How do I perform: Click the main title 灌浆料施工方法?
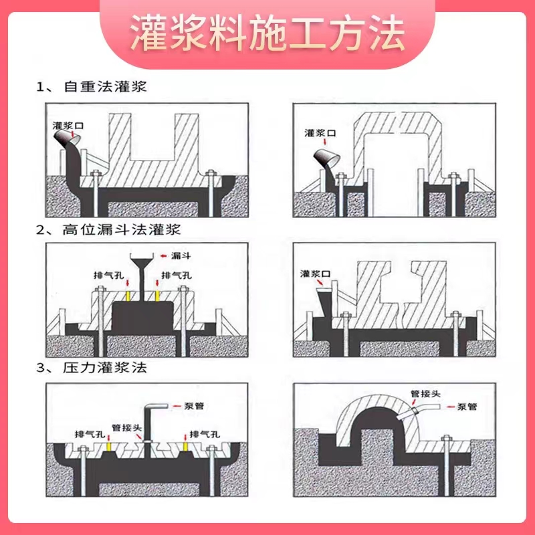point(267,33)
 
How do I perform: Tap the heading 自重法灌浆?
point(106,87)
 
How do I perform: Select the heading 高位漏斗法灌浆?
point(122,229)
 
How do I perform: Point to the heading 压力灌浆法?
point(105,367)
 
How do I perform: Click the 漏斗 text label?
point(181,255)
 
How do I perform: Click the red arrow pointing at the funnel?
point(164,256)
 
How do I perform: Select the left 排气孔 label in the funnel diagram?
point(109,275)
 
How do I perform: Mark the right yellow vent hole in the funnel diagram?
point(157,296)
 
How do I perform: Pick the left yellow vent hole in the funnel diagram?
point(128,296)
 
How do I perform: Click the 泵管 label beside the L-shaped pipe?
point(194,406)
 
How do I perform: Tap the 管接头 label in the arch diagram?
point(425,393)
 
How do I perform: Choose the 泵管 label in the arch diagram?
point(467,407)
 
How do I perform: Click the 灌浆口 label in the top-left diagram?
point(68,126)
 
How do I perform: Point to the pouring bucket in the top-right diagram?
point(326,158)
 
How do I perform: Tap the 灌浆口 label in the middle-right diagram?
point(316,274)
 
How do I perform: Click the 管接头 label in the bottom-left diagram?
point(126,427)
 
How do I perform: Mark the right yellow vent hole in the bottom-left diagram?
point(185,447)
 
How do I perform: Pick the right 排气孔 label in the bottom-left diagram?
point(205,434)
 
